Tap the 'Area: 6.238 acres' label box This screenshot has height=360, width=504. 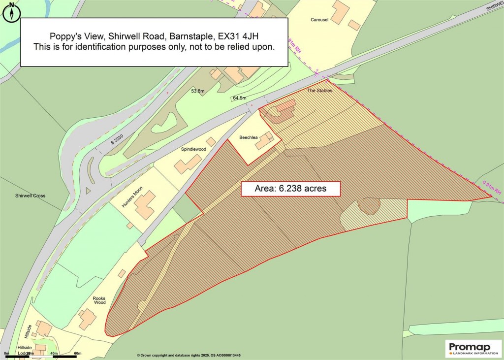290,188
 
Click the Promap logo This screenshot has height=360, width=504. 473,349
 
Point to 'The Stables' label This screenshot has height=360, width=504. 320,91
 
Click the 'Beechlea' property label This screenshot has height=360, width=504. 249,137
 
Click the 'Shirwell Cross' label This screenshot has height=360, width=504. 30,196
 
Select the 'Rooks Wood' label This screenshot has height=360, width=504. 99,301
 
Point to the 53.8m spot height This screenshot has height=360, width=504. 198,91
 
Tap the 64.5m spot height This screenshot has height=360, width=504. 240,98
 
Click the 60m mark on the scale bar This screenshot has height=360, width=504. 77,353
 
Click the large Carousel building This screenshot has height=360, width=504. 340,12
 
